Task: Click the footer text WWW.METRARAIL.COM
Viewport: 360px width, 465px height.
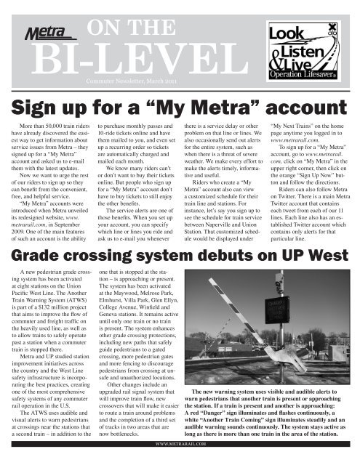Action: [x=180, y=459]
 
